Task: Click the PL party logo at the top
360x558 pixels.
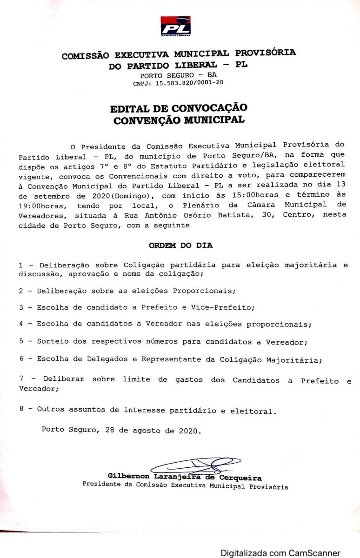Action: pos(175,26)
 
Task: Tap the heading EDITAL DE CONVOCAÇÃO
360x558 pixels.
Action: pos(179,109)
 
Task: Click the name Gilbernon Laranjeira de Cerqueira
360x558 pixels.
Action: pos(185,477)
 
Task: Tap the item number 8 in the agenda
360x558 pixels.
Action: pos(21,410)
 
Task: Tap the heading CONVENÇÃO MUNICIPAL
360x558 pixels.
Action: pos(179,120)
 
